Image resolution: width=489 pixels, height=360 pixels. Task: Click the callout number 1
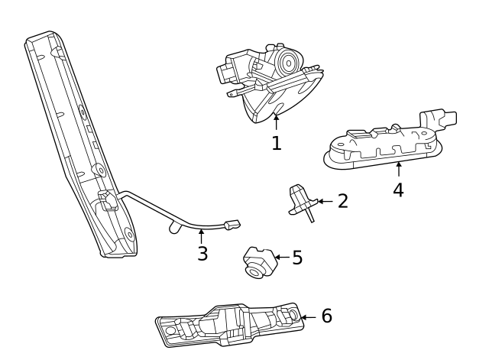point(276,142)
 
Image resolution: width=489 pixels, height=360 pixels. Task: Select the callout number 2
point(342,201)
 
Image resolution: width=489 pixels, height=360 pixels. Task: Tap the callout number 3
point(202,254)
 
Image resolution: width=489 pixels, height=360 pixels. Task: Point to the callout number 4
point(398,190)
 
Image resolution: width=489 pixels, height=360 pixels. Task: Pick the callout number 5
point(297,258)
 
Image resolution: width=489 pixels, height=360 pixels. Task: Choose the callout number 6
point(326,316)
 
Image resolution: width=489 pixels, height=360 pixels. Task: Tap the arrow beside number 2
point(324,201)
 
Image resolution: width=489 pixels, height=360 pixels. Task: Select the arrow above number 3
point(202,235)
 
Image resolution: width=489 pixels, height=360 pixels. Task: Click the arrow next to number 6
point(308,316)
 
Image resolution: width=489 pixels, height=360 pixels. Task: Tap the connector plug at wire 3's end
point(232,225)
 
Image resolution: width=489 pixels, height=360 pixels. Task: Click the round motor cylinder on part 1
point(287,60)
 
